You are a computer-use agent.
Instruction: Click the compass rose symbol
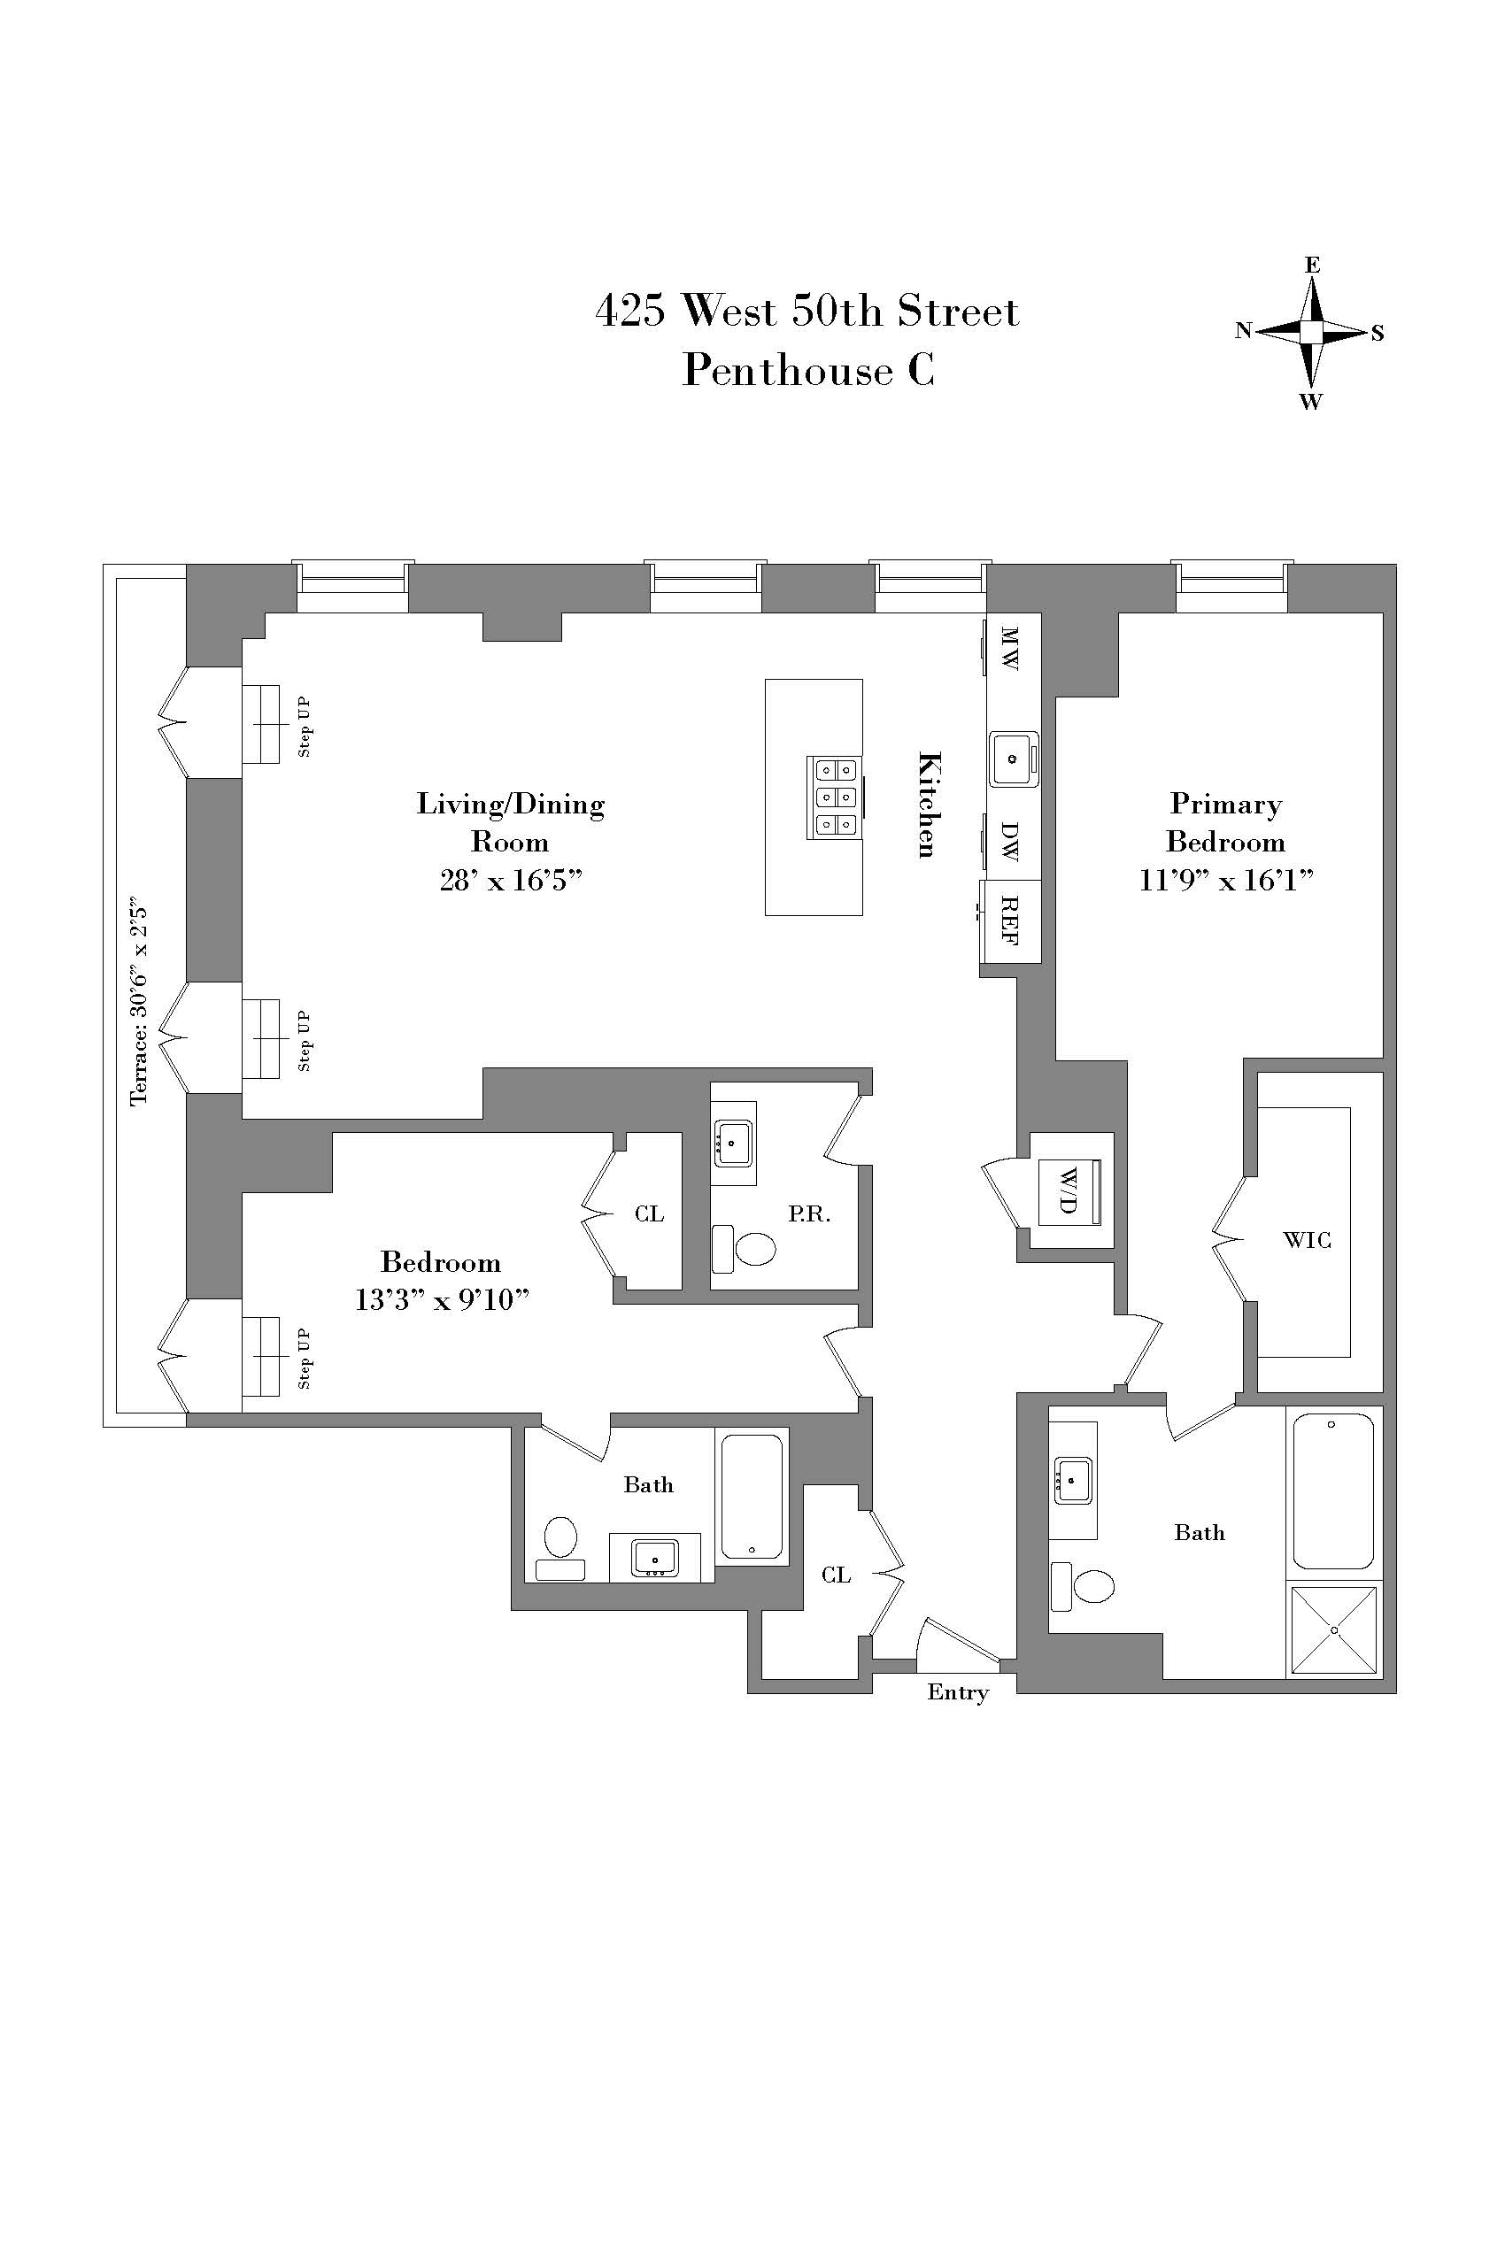tap(1311, 332)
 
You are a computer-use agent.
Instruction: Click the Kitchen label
tap(928, 805)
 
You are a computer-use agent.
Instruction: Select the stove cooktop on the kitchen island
tap(835, 797)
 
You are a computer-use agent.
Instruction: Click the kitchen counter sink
tap(1013, 759)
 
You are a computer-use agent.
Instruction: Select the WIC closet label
tap(1307, 1241)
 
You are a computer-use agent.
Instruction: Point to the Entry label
tap(957, 1691)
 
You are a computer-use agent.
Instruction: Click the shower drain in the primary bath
tap(1334, 1629)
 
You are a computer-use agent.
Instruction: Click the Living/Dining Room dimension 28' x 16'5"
tap(511, 880)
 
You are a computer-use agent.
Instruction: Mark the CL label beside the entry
tap(835, 1575)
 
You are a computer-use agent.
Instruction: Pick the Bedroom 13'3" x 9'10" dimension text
tap(442, 1299)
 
